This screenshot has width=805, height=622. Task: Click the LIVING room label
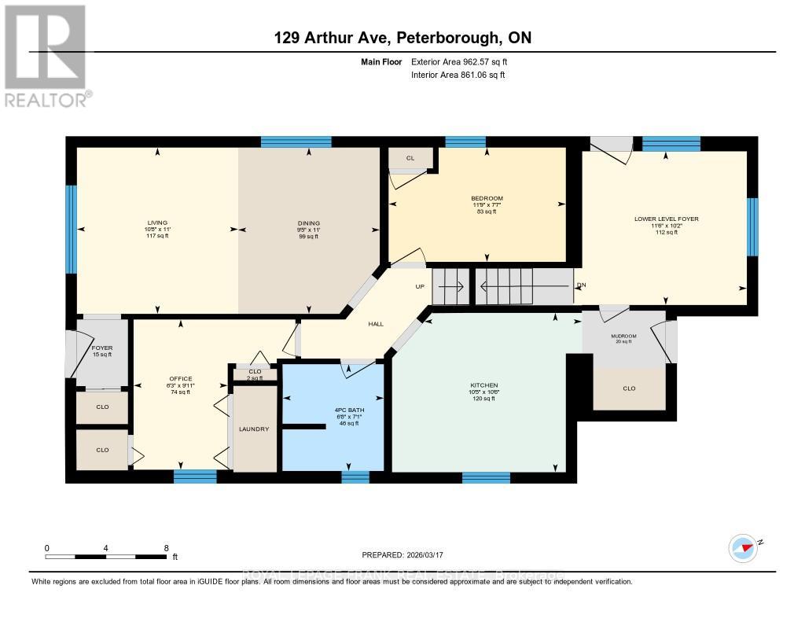[x=156, y=223]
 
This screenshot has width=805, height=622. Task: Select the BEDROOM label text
[x=487, y=198]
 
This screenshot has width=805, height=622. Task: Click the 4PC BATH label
[x=343, y=410]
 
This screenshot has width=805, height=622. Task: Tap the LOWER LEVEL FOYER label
[x=666, y=219]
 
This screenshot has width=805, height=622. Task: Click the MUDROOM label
[x=623, y=336]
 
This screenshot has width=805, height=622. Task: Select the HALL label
[x=376, y=323]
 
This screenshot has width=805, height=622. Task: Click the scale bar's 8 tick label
[x=166, y=548]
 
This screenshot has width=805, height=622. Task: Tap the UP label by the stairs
[x=420, y=286]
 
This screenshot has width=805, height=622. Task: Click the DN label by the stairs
[x=581, y=285]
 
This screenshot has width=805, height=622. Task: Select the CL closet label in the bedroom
[x=410, y=158]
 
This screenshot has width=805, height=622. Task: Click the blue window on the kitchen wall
[x=485, y=477]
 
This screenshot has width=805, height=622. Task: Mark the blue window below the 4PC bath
[x=355, y=477]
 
